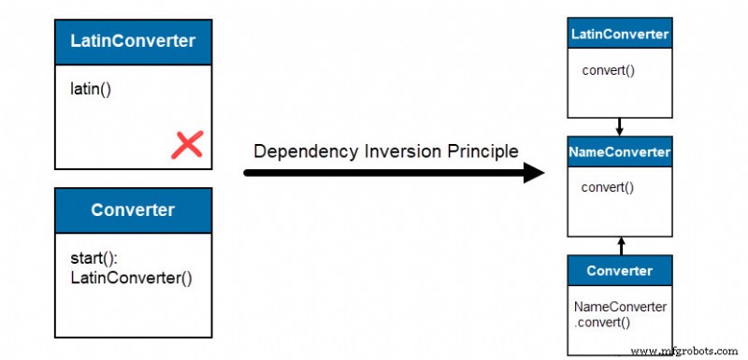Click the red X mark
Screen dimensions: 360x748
pyautogui.click(x=188, y=144)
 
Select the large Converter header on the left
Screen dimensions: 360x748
pyautogui.click(x=133, y=209)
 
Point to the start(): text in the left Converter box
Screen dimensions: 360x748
pyautogui.click(x=93, y=257)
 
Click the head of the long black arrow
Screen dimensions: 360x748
pyautogui.click(x=536, y=172)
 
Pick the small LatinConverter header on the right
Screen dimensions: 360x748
pyautogui.click(x=620, y=35)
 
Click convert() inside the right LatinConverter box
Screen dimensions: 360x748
pyautogui.click(x=608, y=70)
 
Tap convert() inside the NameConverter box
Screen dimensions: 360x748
pyautogui.click(x=608, y=186)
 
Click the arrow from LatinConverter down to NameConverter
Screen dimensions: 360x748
pyautogui.click(x=620, y=126)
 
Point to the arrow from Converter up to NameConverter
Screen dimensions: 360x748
pyautogui.click(x=620, y=245)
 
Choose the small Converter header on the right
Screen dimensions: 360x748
pyautogui.click(x=620, y=271)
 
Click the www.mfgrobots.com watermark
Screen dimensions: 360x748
pyautogui.click(x=686, y=350)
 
